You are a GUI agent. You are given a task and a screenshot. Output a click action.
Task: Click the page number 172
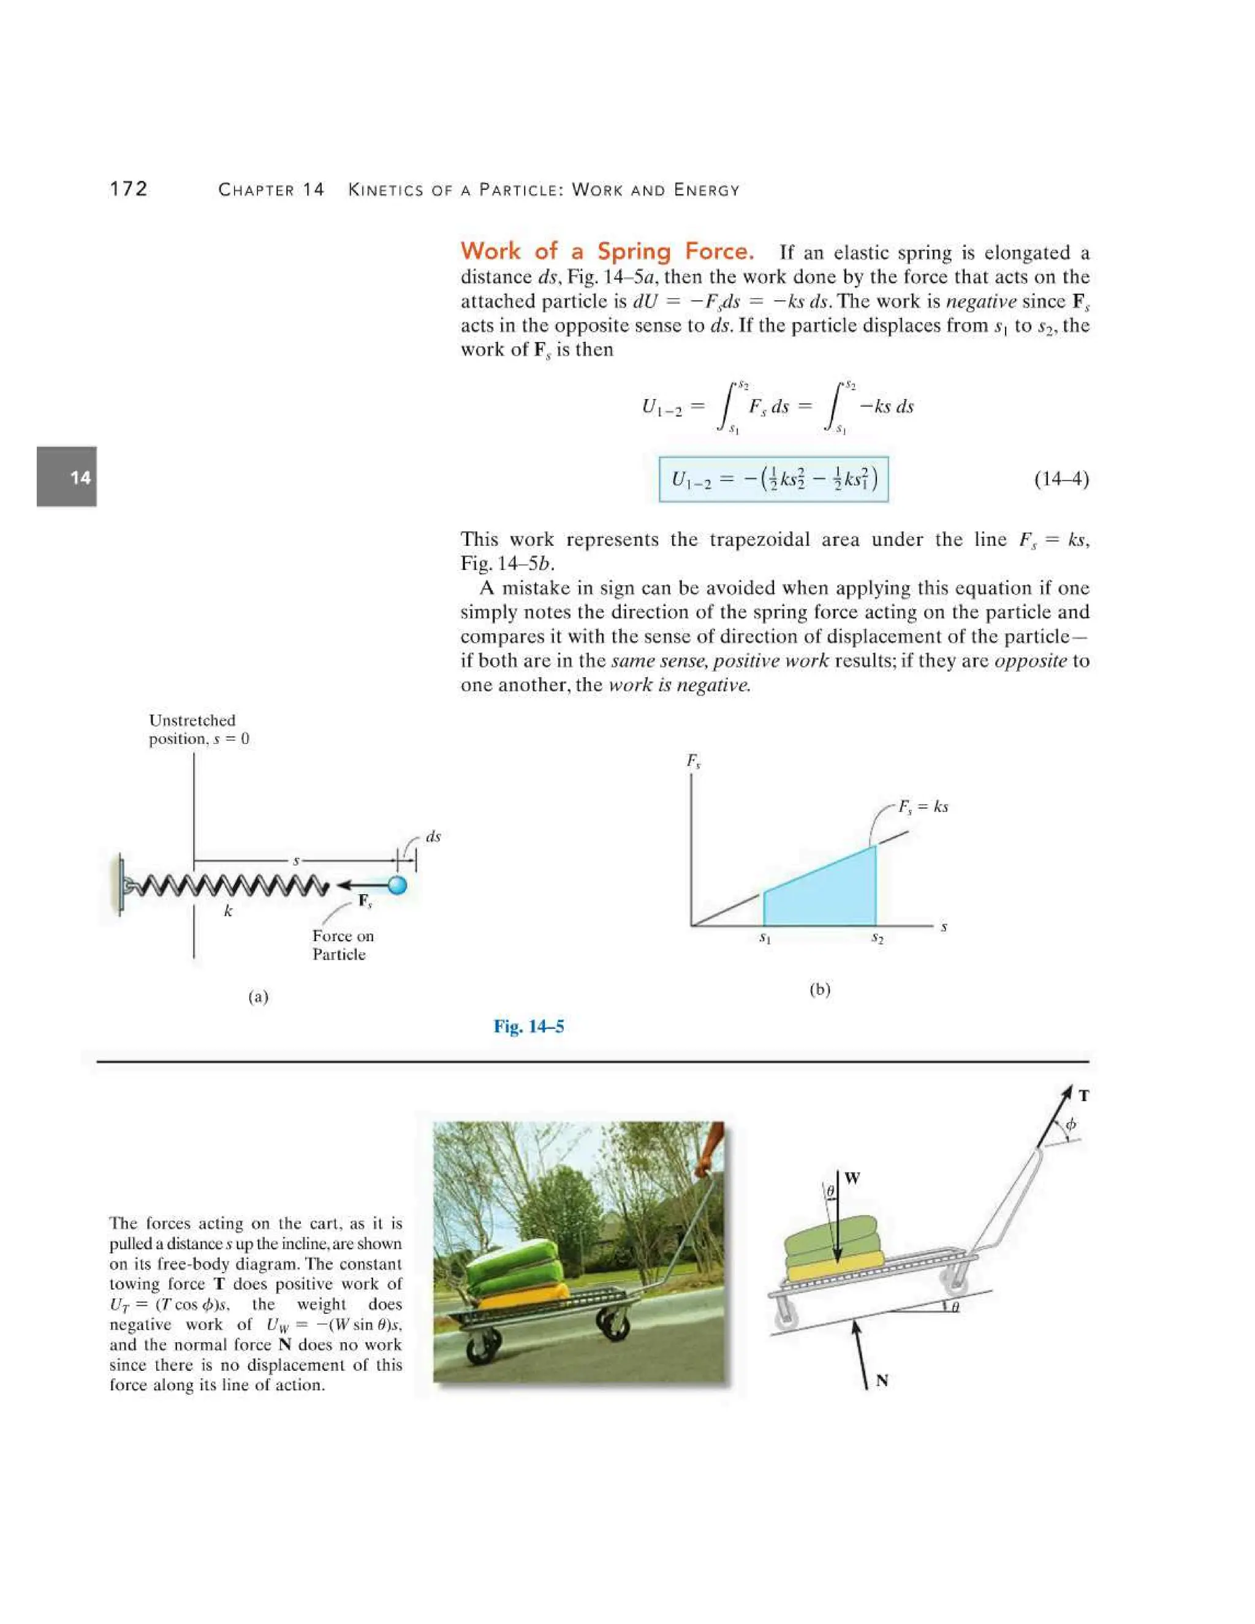click(x=129, y=189)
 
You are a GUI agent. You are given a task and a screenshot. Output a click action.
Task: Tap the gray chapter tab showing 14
click(x=67, y=477)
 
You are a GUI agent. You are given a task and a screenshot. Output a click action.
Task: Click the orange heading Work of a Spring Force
click(x=607, y=251)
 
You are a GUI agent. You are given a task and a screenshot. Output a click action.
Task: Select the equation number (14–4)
click(x=1061, y=478)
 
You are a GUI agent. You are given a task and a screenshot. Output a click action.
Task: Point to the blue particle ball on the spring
click(x=398, y=885)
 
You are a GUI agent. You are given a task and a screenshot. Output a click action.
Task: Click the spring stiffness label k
click(x=228, y=911)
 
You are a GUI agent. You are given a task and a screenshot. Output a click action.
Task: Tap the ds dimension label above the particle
click(x=433, y=837)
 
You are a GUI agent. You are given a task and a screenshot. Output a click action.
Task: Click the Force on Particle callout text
click(x=342, y=945)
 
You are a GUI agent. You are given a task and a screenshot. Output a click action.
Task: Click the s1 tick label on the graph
click(x=765, y=939)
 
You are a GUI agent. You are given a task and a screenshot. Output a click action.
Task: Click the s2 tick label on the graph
click(x=878, y=939)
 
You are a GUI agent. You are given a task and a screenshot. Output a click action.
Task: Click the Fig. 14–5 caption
click(x=529, y=1027)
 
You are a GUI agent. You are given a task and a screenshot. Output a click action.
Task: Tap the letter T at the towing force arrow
click(x=1084, y=1095)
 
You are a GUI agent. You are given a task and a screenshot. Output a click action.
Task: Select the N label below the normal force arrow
click(x=882, y=1381)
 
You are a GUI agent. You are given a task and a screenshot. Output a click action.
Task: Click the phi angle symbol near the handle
click(x=1071, y=1125)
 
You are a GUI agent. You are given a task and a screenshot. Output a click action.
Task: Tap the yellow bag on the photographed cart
click(x=520, y=1296)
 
